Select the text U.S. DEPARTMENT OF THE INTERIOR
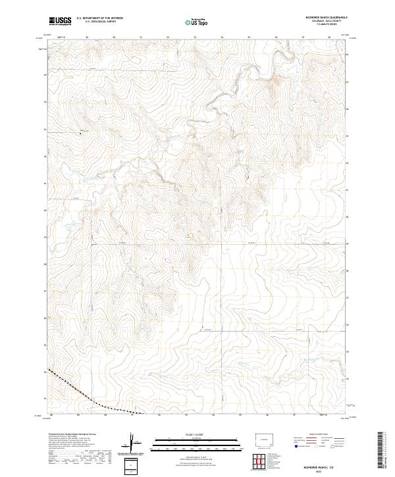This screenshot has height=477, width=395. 99,18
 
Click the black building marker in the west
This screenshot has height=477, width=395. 82,132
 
